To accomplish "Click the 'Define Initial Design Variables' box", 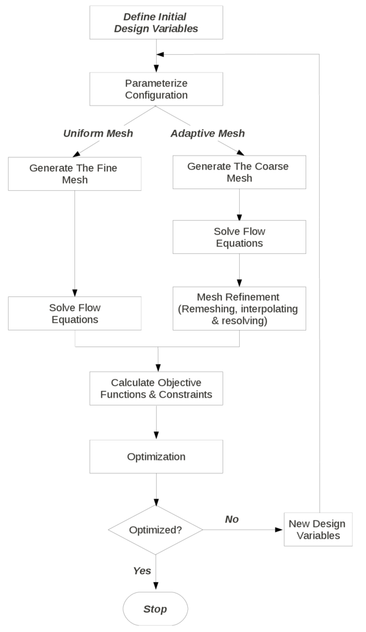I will (x=156, y=23).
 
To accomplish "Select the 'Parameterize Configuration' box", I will (x=156, y=89).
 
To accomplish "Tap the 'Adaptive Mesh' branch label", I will (x=208, y=133).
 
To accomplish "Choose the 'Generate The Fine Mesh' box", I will (x=75, y=173).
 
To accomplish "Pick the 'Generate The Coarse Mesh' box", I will (x=239, y=172).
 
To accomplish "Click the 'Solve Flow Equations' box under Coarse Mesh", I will (x=239, y=237).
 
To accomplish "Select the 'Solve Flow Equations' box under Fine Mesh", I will (x=75, y=314).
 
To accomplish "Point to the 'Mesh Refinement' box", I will (x=239, y=309).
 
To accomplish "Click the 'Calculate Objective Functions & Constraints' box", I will (x=156, y=388).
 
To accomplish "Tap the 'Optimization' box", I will (x=156, y=456).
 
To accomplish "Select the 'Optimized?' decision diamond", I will (x=156, y=530).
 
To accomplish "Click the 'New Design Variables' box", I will (x=317, y=530).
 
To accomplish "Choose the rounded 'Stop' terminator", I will (x=155, y=609).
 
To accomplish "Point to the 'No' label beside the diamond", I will (x=232, y=519).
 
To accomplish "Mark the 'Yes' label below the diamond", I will (x=142, y=571).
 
